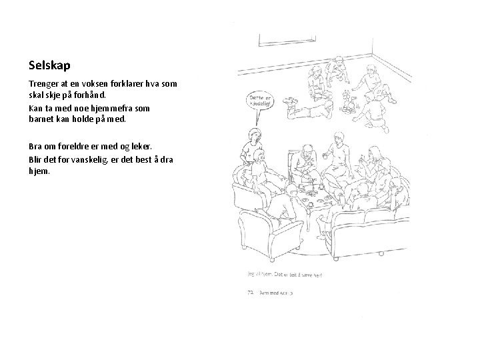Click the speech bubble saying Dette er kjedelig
click(x=259, y=101)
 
